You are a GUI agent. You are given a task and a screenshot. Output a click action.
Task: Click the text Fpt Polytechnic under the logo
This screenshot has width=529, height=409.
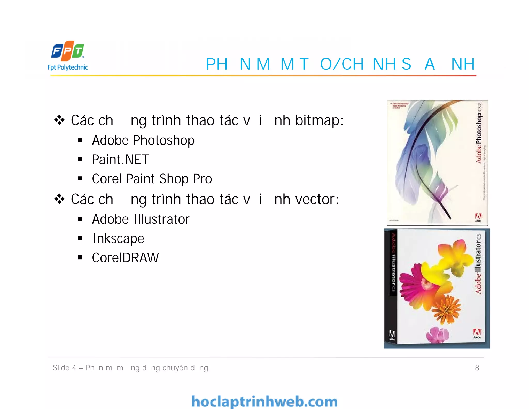pos(68,67)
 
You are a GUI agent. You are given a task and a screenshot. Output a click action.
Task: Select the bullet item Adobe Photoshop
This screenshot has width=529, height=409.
pos(143,141)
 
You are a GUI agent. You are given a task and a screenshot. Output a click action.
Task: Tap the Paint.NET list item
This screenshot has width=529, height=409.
pos(120,160)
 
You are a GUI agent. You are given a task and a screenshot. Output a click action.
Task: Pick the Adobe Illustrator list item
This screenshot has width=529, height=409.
pos(141,219)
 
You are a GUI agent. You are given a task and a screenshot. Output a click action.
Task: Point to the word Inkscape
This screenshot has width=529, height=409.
pos(118,239)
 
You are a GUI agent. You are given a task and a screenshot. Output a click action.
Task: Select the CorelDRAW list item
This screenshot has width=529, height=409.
pos(125,258)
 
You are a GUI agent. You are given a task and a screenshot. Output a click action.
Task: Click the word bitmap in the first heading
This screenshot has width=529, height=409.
pos(319,121)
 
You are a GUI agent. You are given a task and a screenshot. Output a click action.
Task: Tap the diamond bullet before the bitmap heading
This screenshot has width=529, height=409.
pos(59,120)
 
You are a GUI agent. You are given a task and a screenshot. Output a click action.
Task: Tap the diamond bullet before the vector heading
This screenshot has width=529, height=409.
pos(59,199)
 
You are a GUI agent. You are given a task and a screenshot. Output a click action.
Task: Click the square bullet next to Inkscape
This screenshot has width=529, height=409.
pos(80,238)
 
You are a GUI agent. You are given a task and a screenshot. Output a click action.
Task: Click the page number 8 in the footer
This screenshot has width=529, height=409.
pos(477,368)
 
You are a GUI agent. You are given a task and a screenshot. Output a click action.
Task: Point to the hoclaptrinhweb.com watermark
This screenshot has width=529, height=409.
pos(264,402)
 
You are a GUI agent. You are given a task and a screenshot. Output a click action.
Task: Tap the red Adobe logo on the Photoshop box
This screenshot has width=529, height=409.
pos(478,217)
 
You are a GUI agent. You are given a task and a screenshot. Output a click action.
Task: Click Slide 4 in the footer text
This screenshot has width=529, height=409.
pos(64,368)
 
